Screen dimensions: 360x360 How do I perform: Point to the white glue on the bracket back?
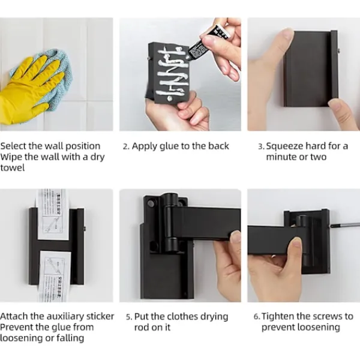(171, 73)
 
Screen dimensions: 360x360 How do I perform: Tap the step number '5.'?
(129, 317)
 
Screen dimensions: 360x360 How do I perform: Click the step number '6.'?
(257, 317)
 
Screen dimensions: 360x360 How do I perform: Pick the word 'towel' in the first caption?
(13, 168)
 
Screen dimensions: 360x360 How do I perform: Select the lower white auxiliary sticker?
(55, 276)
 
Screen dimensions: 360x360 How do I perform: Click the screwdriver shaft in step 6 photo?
(345, 224)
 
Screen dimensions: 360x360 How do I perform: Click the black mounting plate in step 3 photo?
(311, 68)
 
